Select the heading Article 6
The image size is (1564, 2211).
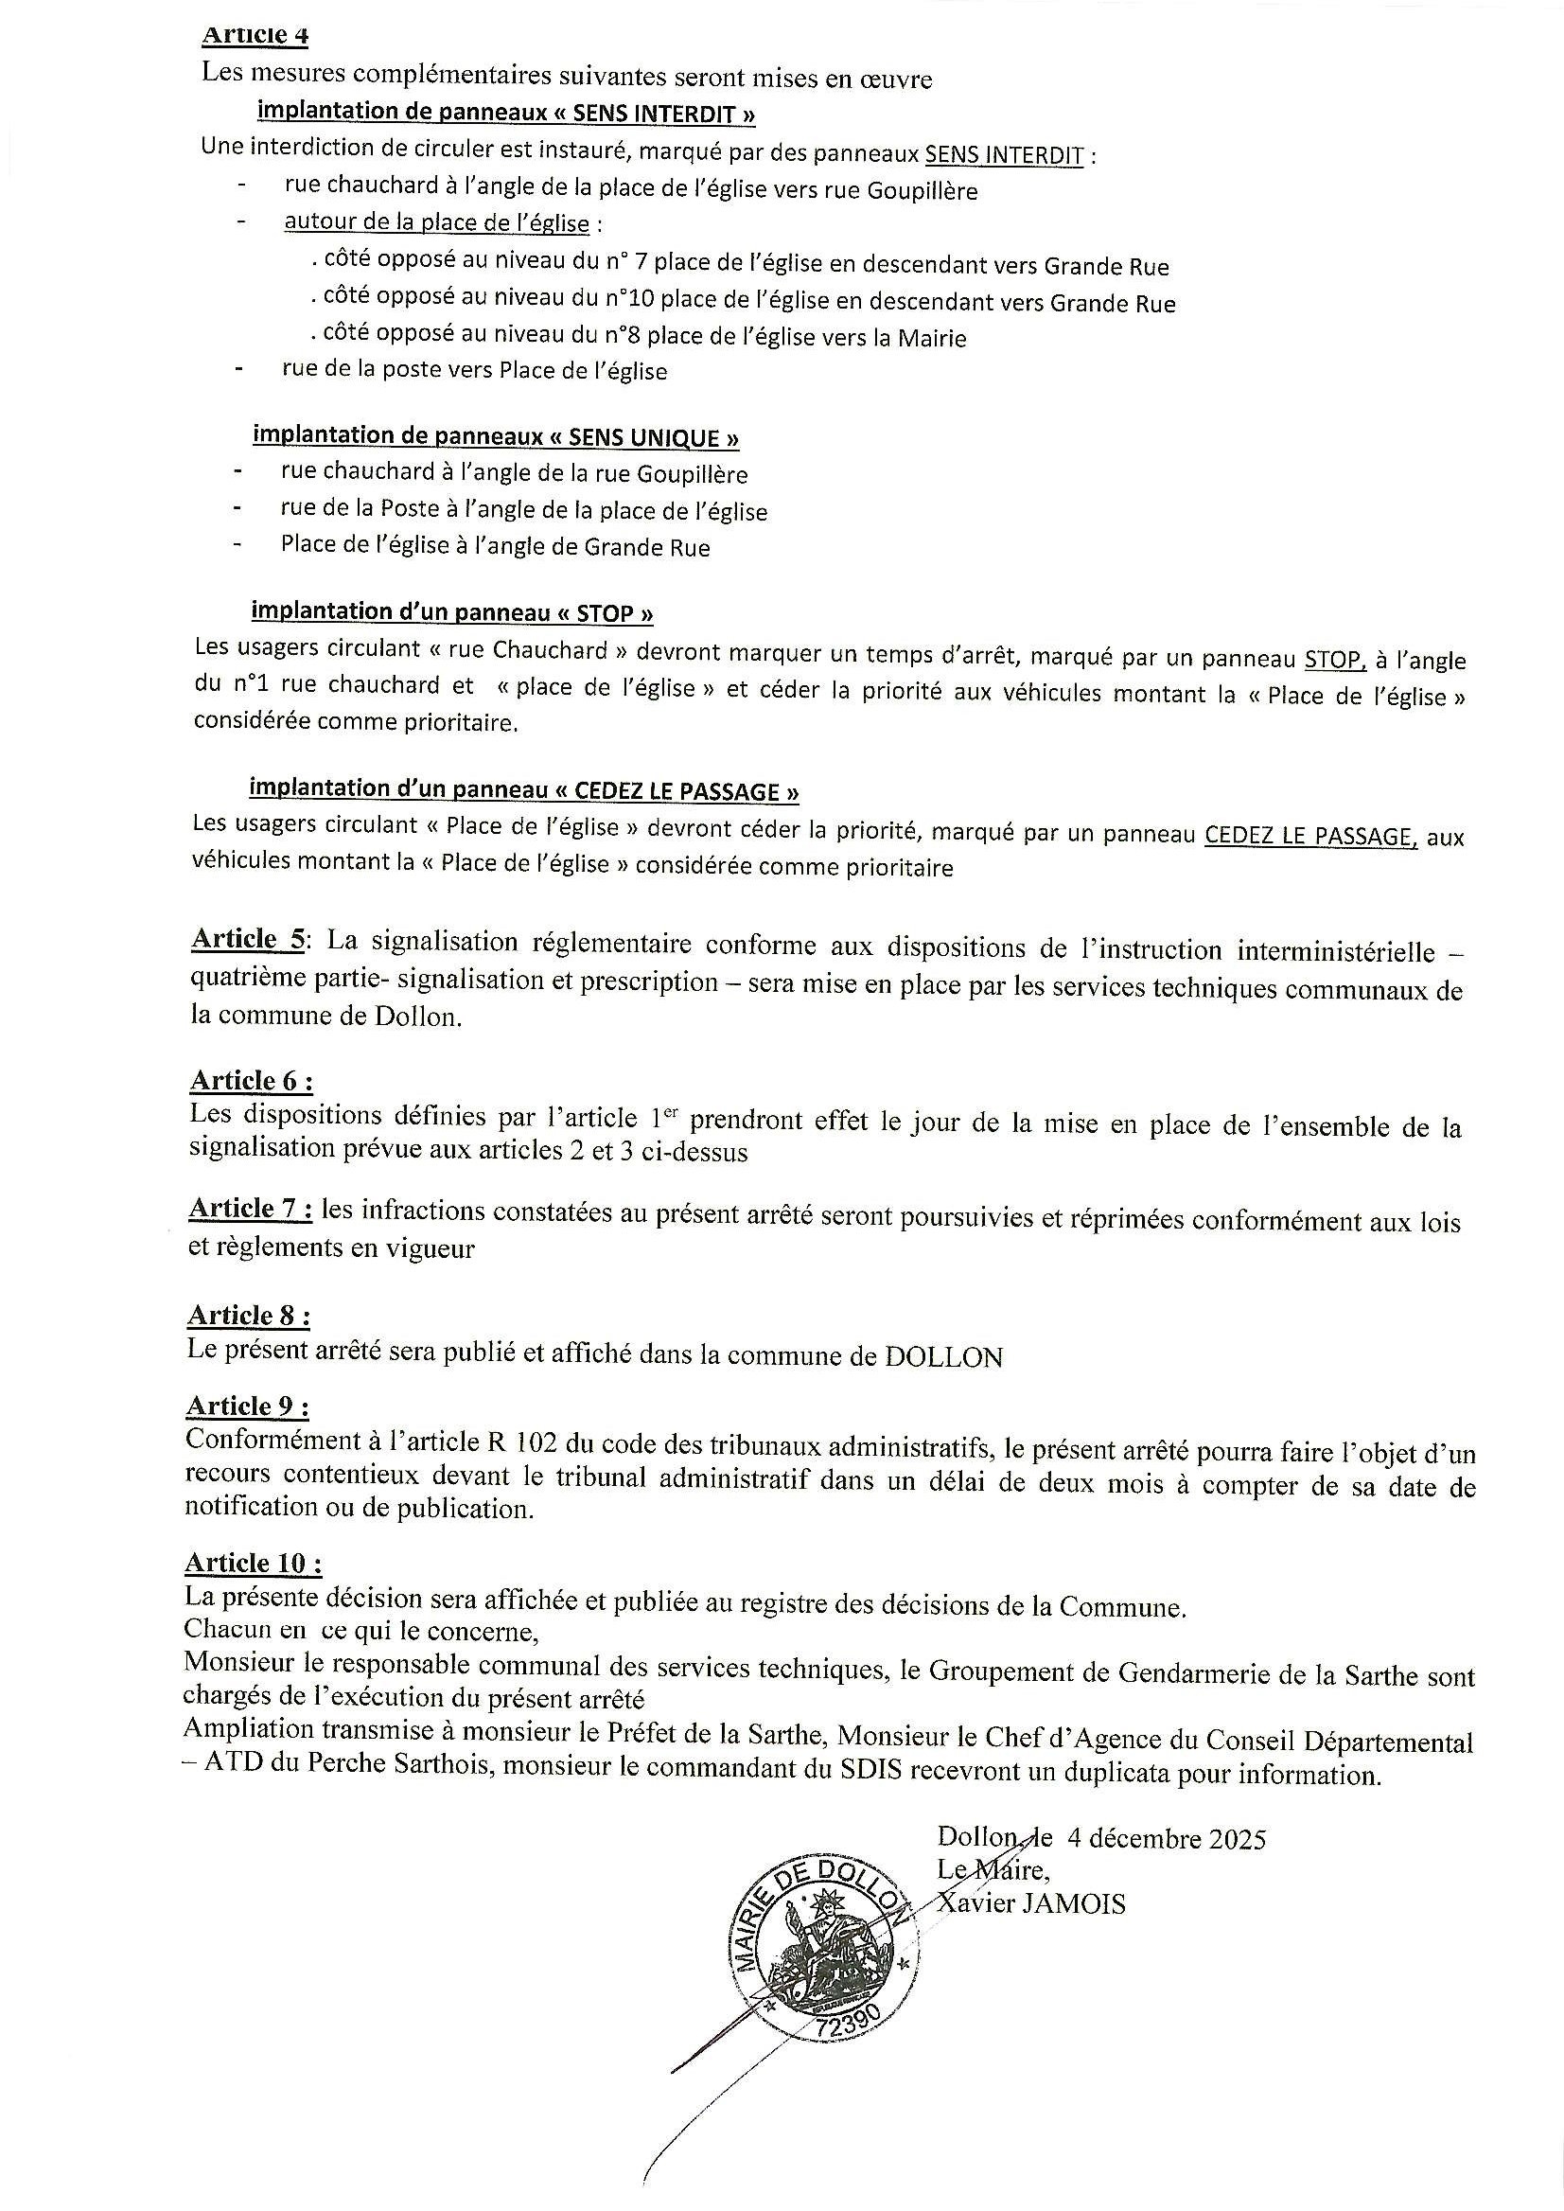point(250,1082)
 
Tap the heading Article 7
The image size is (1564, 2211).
point(250,1209)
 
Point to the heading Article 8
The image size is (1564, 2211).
point(248,1316)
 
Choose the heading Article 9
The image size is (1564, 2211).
point(247,1406)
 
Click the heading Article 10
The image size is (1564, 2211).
point(253,1562)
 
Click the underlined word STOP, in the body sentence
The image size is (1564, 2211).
point(1334,660)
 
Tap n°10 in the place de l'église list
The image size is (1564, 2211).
point(627,300)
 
